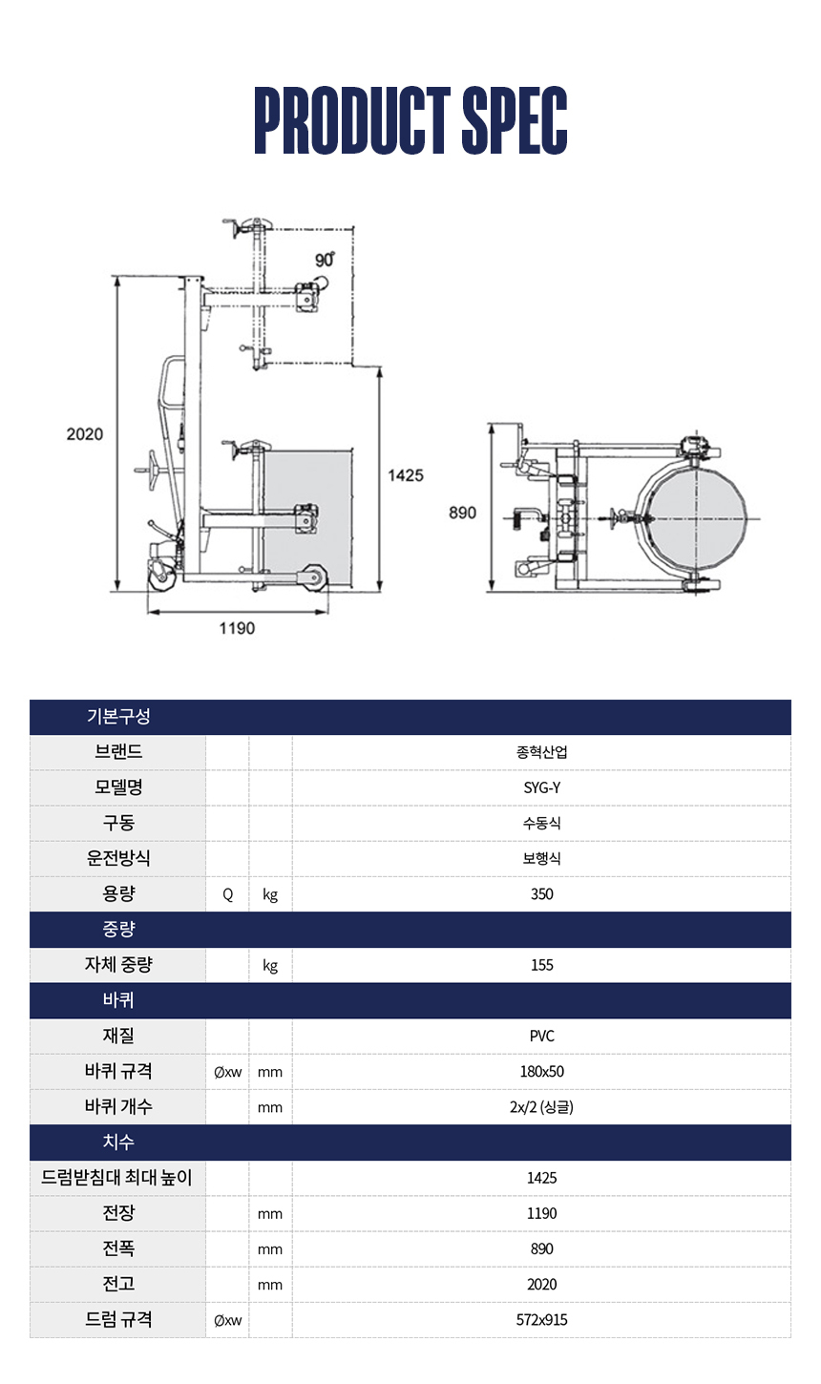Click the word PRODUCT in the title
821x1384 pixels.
[x=352, y=120]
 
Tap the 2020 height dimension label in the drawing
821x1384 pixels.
[x=85, y=434]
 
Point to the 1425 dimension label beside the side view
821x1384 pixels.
[x=405, y=475]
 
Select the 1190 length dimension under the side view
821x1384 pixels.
[x=237, y=628]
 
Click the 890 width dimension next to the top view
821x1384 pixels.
[x=462, y=513]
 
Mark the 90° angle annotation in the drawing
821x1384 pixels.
[x=325, y=260]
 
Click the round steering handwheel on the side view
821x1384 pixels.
[x=153, y=472]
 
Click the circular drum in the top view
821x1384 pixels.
[x=696, y=519]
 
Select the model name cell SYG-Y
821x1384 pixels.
[x=542, y=787]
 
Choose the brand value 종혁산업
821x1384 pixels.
[x=542, y=752]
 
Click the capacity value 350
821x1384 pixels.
[x=542, y=894]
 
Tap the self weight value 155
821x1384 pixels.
[x=542, y=965]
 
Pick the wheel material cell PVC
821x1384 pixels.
[x=542, y=1037]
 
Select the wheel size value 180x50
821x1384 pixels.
[x=542, y=1071]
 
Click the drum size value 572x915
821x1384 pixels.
[x=542, y=1320]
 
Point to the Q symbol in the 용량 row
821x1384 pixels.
[x=228, y=894]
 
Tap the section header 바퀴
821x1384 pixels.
[x=118, y=1000]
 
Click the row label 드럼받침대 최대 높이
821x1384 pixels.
[x=117, y=1178]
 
